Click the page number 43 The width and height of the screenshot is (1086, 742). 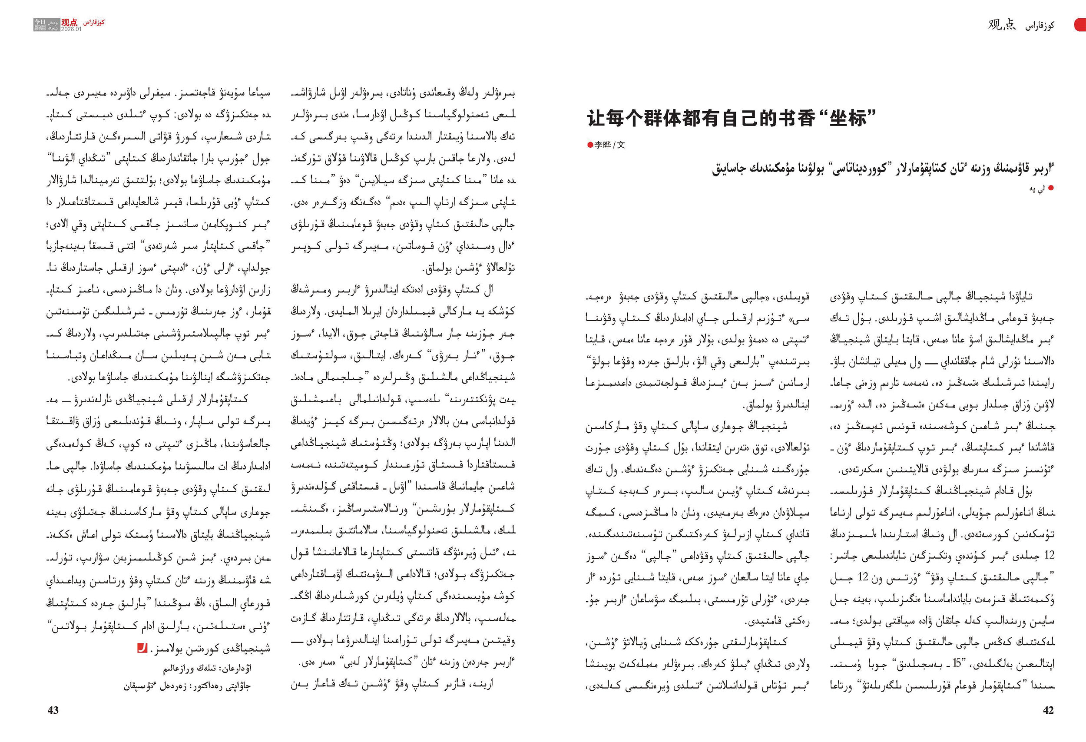click(53, 710)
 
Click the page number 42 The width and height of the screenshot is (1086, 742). click(1048, 710)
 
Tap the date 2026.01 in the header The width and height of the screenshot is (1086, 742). click(71, 29)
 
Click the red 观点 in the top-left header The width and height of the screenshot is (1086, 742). click(70, 22)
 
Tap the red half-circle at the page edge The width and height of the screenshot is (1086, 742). click(1080, 24)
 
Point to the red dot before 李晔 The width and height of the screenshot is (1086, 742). click(590, 145)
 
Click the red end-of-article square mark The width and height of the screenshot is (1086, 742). click(142, 648)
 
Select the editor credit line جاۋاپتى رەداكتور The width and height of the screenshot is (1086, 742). click(187, 686)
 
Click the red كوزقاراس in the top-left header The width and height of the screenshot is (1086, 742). click(94, 23)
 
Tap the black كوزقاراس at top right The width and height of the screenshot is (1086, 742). click(1040, 26)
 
